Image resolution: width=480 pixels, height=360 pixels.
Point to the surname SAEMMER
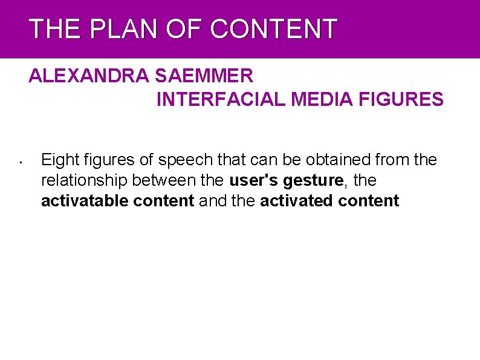coord(204,76)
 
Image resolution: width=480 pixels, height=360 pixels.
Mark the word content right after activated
coord(368,201)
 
